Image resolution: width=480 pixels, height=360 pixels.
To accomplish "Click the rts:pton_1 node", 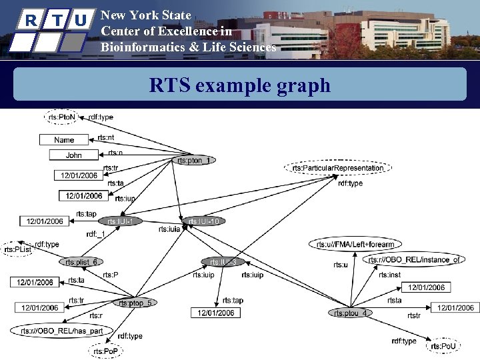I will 194,160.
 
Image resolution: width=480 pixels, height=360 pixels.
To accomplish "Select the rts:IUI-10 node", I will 203,221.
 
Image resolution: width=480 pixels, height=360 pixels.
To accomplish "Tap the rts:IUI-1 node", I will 120,221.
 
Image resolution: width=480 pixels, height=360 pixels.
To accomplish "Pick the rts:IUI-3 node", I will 223,262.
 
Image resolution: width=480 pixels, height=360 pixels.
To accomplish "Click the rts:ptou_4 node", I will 349,313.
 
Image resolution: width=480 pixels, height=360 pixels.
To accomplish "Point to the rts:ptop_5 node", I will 135,303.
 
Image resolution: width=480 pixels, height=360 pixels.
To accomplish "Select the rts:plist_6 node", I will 85,262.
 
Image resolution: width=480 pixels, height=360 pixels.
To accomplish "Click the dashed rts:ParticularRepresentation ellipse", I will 338,168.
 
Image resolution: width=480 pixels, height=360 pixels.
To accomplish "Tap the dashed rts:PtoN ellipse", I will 62,117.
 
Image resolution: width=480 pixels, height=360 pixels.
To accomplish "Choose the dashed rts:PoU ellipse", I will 443,345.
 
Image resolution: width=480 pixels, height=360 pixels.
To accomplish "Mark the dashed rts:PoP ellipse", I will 106,351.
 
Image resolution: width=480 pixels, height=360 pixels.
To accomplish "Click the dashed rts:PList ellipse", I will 18,249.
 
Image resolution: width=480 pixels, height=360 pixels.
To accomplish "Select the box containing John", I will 74,155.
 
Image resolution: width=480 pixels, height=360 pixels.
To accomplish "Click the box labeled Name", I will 64,140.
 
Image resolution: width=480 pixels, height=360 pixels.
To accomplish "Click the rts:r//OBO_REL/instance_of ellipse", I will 414,259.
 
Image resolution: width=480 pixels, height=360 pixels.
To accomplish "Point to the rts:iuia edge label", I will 169,229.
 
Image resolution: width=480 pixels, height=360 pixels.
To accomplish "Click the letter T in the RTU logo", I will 58,20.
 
